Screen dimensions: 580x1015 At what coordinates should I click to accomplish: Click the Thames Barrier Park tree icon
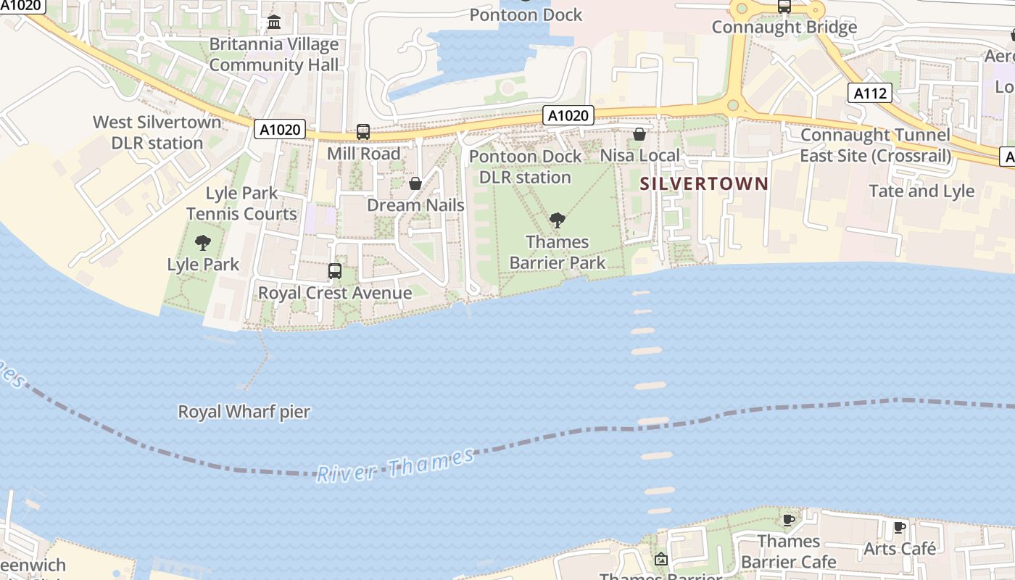tap(557, 220)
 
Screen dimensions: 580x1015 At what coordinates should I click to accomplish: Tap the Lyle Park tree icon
tap(203, 243)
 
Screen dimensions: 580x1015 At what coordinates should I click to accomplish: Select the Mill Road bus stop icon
tap(363, 132)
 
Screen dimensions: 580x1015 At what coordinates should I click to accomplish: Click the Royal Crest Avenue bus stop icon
tap(334, 271)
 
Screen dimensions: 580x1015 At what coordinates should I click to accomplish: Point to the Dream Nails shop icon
tap(415, 183)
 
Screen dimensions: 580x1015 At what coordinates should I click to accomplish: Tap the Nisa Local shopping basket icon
tap(639, 134)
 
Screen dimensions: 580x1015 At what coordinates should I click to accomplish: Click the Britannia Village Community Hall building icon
tap(274, 22)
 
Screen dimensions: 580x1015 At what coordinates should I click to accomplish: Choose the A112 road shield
tap(869, 93)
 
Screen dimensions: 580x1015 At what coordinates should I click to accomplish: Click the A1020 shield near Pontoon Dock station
tap(569, 115)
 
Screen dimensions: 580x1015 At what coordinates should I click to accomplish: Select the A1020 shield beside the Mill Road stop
tap(280, 130)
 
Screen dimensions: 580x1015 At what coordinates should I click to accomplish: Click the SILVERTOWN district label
tap(703, 183)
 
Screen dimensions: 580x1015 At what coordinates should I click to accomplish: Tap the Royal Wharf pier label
tap(244, 412)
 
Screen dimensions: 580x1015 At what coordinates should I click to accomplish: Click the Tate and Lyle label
tap(921, 191)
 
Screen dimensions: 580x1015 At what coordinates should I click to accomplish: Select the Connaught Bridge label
tap(784, 28)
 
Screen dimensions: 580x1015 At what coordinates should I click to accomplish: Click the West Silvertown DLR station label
tap(157, 132)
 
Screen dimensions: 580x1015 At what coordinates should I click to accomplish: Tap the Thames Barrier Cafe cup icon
tap(789, 520)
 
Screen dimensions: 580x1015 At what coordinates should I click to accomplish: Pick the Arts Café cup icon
tap(899, 528)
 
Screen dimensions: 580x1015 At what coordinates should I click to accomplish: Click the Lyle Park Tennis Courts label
tap(241, 204)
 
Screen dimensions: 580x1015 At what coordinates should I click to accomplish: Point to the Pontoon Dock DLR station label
tap(526, 167)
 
